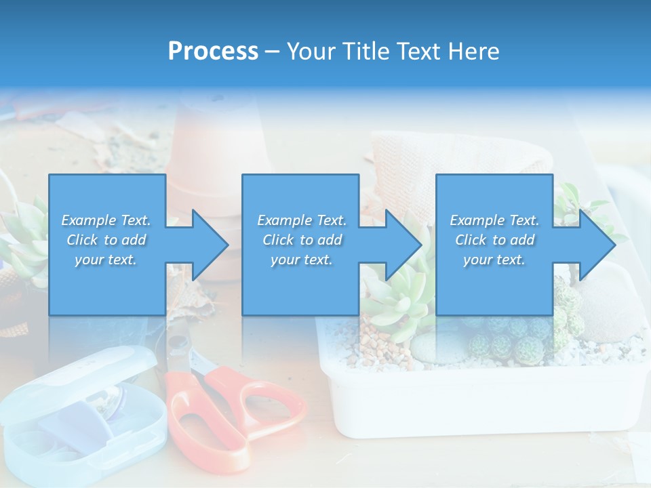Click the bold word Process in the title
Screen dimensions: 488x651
coord(213,51)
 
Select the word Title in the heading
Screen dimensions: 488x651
coord(364,51)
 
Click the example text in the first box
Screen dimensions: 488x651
coord(106,240)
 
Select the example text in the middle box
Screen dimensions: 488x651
coord(302,240)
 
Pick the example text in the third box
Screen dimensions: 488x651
coord(494,240)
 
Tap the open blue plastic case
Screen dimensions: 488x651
coord(81,413)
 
